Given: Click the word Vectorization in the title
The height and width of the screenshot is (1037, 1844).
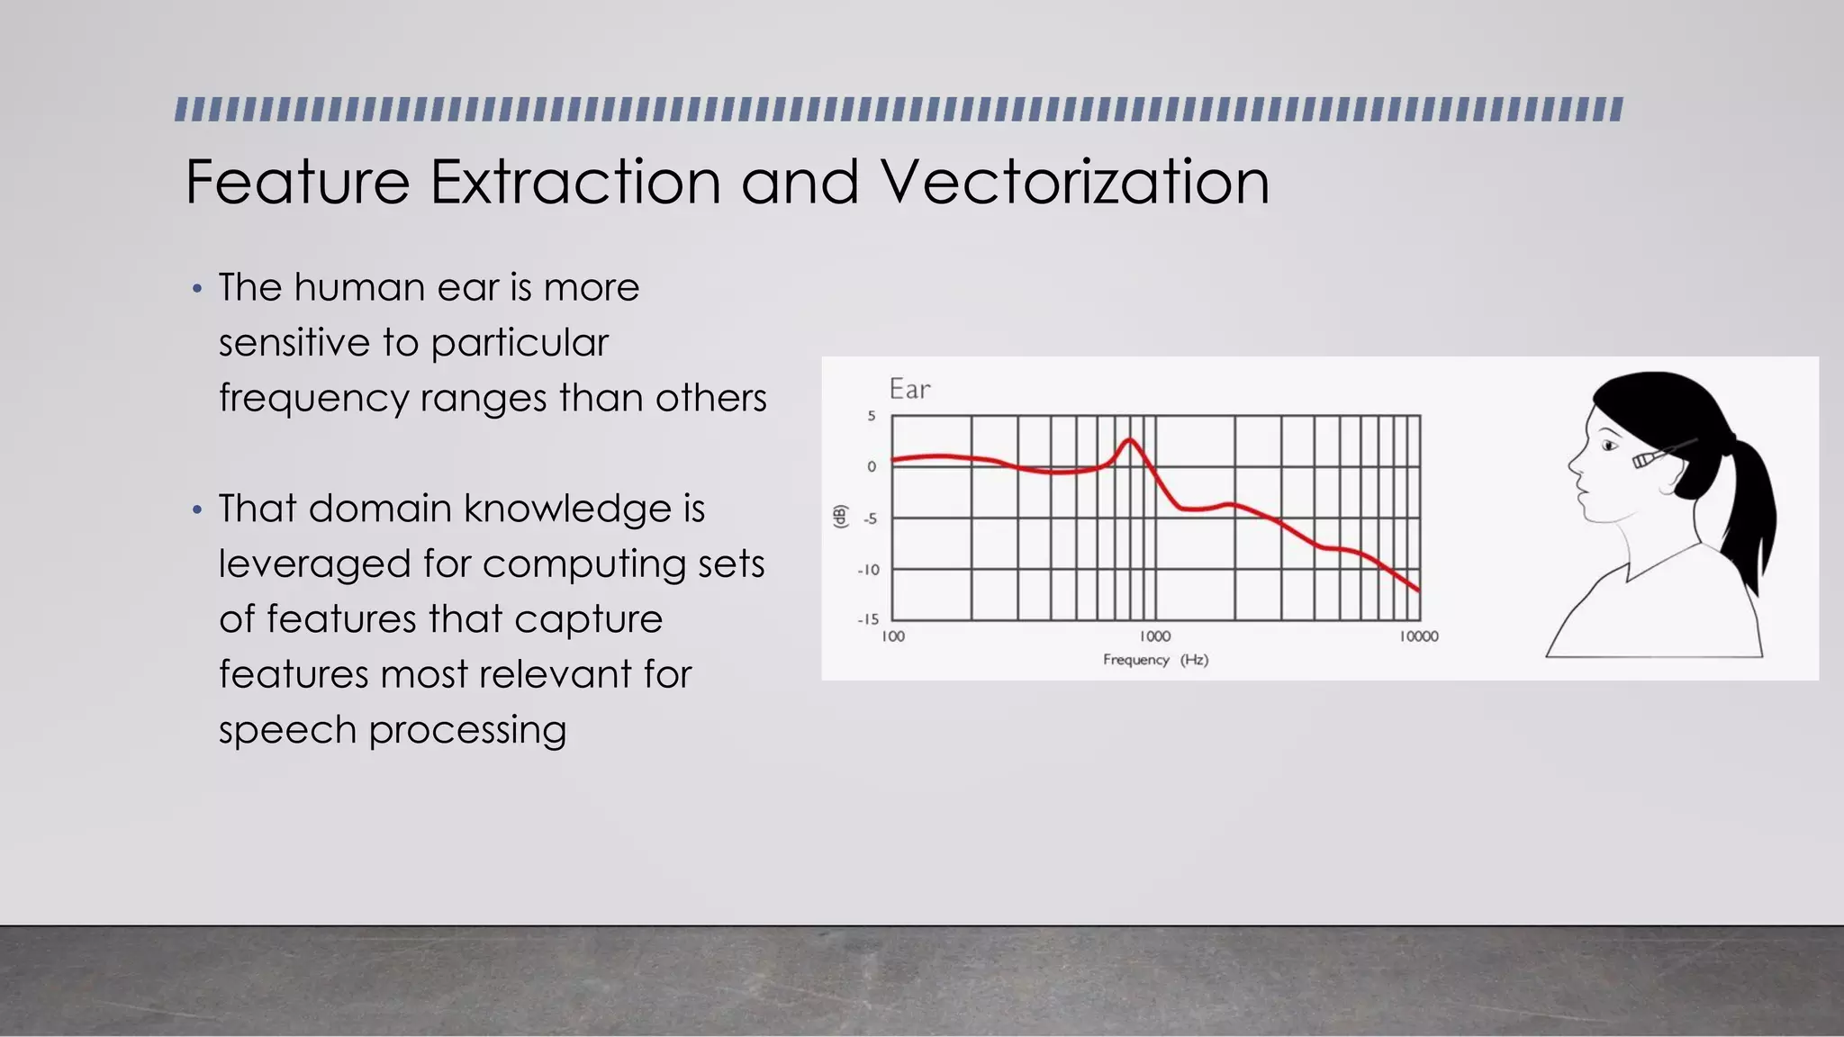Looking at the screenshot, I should (1075, 182).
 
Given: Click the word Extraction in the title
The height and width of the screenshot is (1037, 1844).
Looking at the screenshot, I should (575, 182).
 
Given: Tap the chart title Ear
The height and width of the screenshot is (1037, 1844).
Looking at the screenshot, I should (909, 389).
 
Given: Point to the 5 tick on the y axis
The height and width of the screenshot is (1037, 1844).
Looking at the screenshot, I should (871, 416).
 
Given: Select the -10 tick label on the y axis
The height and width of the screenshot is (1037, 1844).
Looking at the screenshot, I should (867, 570).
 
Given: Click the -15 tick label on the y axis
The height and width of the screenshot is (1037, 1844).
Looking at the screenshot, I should (867, 619).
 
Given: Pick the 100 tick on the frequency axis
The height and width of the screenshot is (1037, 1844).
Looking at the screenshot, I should (892, 636).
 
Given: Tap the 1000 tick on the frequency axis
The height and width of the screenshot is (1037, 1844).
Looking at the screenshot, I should (1154, 636).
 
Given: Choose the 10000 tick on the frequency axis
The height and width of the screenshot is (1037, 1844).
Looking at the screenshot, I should (1418, 636).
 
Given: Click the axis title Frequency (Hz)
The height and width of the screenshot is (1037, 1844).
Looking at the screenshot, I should (1155, 660).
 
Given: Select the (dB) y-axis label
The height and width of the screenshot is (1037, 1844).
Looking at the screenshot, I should (840, 517).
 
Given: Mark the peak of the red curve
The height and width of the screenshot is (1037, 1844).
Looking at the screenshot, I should (1129, 440).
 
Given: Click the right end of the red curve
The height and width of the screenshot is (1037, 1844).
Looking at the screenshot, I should (1418, 590).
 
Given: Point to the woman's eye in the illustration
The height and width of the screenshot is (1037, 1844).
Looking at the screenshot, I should (1609, 446).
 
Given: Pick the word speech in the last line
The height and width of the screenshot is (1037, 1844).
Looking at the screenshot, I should (287, 730).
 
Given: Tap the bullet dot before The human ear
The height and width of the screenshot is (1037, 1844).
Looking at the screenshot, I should (197, 290).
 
